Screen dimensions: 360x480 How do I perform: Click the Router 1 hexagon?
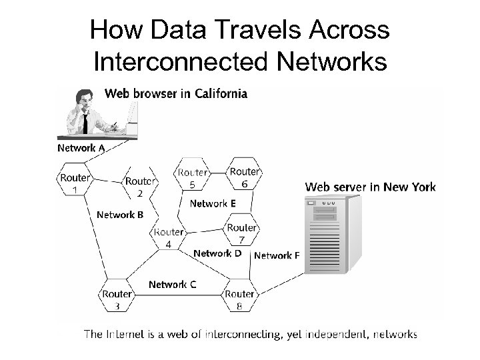coord(74,183)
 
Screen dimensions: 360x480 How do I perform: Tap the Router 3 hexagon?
coord(117,299)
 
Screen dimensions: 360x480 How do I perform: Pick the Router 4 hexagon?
coord(168,237)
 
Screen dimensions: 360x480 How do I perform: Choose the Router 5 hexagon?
coord(192,177)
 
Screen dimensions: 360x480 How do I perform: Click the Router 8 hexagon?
coord(239,299)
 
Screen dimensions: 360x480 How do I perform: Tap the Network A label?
coord(81,148)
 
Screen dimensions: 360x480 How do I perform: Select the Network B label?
coord(120,215)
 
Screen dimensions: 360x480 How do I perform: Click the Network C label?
coord(172,285)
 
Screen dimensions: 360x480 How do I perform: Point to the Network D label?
coord(217,253)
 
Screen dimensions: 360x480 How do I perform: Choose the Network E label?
coord(213,203)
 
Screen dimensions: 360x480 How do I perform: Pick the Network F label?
coord(277,255)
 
